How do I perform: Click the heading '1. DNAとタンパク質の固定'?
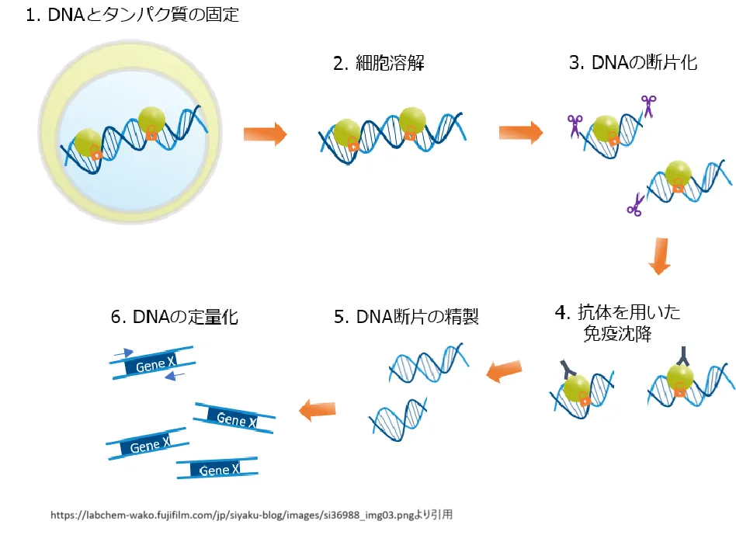pyautogui.click(x=133, y=16)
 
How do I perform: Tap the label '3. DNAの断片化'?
pyautogui.click(x=633, y=63)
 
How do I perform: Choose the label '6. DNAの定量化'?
pyautogui.click(x=174, y=316)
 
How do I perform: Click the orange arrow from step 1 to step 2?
pyautogui.click(x=264, y=134)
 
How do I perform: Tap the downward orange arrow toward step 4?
pyautogui.click(x=659, y=257)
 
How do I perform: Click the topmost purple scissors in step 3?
pyautogui.click(x=647, y=106)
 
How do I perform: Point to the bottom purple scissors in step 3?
pyautogui.click(x=635, y=205)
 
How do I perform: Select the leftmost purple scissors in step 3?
pyautogui.click(x=575, y=125)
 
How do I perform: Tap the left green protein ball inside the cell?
pyautogui.click(x=88, y=141)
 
